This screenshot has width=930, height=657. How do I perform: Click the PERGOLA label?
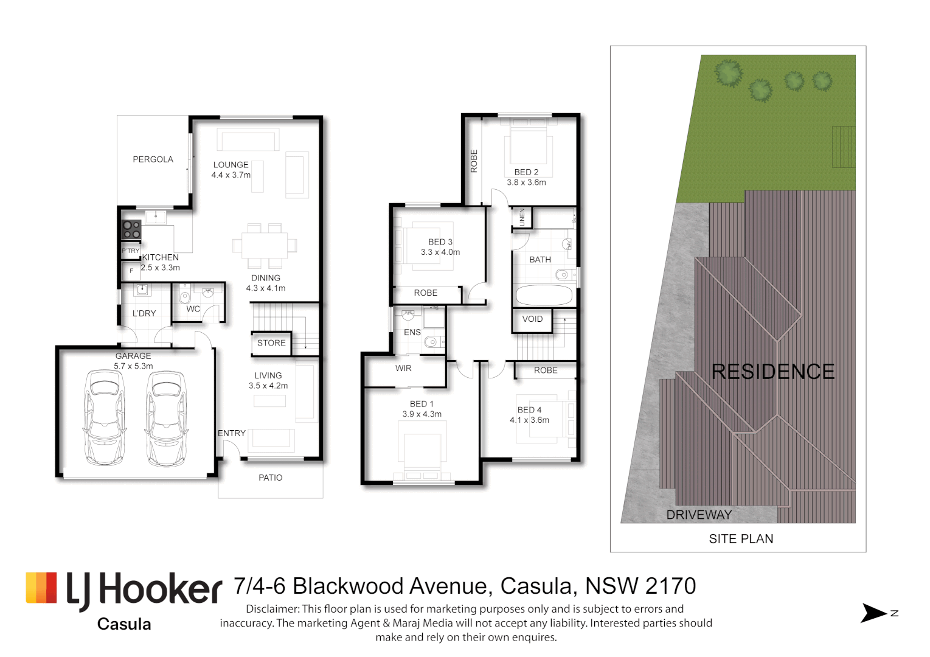pyautogui.click(x=153, y=159)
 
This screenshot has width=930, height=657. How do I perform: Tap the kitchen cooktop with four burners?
pyautogui.click(x=131, y=229)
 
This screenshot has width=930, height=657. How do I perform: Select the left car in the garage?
pyautogui.click(x=105, y=418)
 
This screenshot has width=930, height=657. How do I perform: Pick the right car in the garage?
pyautogui.click(x=166, y=418)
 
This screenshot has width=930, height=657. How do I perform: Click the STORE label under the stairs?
pyautogui.click(x=271, y=343)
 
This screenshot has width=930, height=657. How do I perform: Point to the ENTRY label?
pyautogui.click(x=232, y=433)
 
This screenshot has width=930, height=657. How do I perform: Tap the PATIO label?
pyautogui.click(x=271, y=478)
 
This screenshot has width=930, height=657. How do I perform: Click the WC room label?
pyautogui.click(x=193, y=309)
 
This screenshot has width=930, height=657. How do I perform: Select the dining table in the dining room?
pyautogui.click(x=265, y=246)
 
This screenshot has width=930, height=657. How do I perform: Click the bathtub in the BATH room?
pyautogui.click(x=544, y=296)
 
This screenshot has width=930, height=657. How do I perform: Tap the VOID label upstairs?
pyautogui.click(x=532, y=319)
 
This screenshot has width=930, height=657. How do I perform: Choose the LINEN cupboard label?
pyautogui.click(x=522, y=217)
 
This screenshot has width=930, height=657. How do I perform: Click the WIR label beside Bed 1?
pyautogui.click(x=403, y=369)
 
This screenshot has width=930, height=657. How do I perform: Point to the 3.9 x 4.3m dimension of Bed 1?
pyautogui.click(x=422, y=414)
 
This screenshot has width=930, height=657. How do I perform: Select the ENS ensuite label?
pyautogui.click(x=412, y=332)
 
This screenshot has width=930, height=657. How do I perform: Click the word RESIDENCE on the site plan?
pyautogui.click(x=773, y=372)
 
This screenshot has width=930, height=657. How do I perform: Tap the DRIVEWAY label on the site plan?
pyautogui.click(x=699, y=515)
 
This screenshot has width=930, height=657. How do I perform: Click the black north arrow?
pyautogui.click(x=873, y=613)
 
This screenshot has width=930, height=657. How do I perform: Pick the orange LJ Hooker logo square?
pyautogui.click(x=41, y=588)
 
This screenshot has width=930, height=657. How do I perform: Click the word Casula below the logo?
pyautogui.click(x=124, y=624)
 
